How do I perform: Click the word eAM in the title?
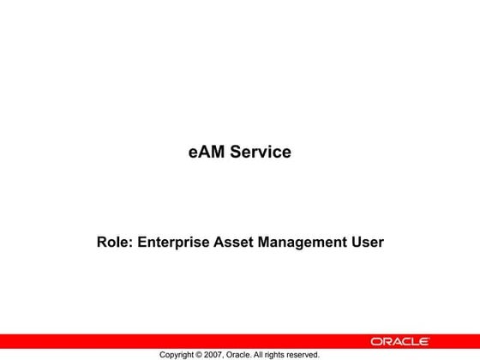[x=204, y=153]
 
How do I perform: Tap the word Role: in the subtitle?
[x=115, y=243]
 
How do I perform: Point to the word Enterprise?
[x=174, y=243]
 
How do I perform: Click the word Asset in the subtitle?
[x=234, y=243]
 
